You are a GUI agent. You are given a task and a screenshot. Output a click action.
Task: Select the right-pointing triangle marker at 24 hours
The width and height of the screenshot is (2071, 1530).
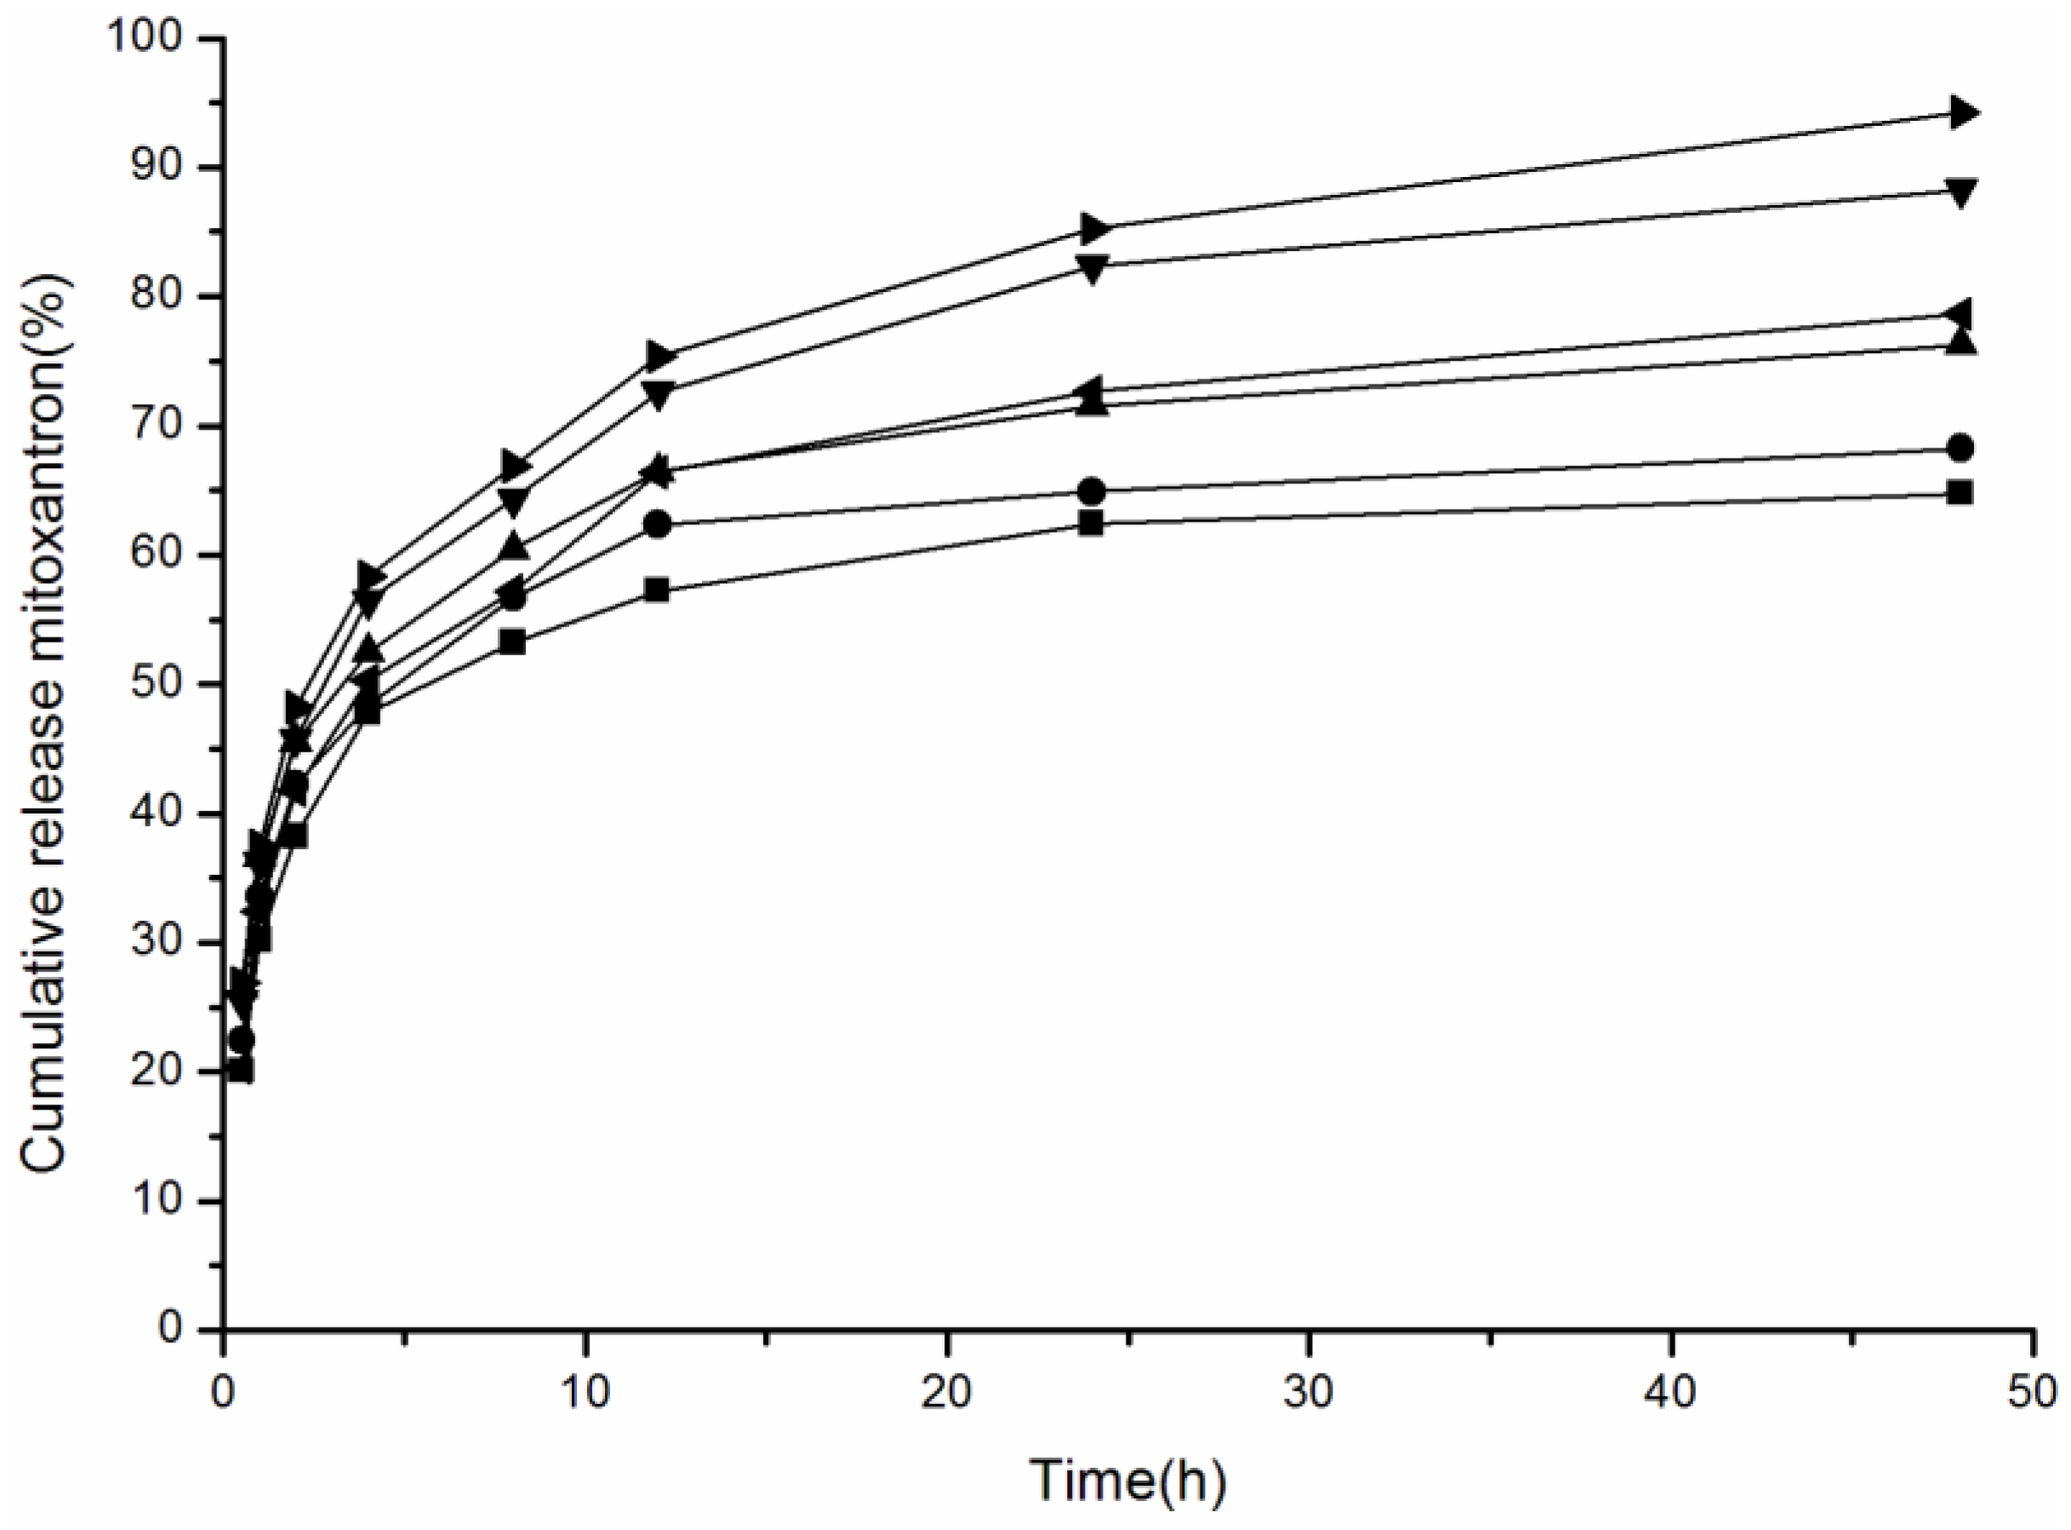pos(1094,228)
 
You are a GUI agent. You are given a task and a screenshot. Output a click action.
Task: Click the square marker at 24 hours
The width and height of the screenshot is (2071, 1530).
pos(1092,523)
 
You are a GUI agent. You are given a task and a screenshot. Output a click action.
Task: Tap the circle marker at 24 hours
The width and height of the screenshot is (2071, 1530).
pos(1093,490)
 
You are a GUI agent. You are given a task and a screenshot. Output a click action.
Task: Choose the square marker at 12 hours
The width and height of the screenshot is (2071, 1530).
pos(658,589)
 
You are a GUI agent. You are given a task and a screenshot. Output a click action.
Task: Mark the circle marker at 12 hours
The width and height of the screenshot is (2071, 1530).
pos(659,525)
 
